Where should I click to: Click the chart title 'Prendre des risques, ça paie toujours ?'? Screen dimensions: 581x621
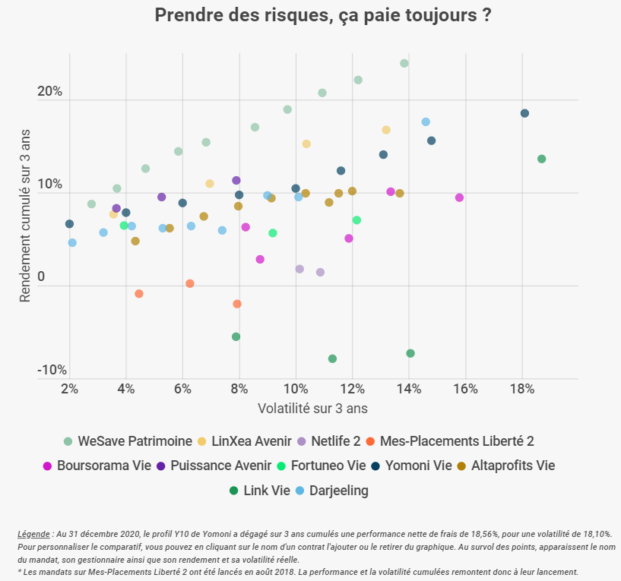(x=322, y=15)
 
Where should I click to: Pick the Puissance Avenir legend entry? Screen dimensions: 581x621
(x=213, y=466)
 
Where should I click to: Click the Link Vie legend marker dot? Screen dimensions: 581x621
(x=233, y=491)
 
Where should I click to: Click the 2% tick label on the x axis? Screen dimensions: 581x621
(x=69, y=390)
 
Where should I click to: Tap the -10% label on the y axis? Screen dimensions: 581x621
(x=52, y=370)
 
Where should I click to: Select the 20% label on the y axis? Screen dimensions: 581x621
(x=50, y=92)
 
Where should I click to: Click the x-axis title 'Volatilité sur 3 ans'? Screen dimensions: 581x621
(x=312, y=409)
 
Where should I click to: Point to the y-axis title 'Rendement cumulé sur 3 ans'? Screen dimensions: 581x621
(x=26, y=215)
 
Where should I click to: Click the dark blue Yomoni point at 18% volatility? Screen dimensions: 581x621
(x=524, y=113)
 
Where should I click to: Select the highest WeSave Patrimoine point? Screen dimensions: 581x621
(x=404, y=63)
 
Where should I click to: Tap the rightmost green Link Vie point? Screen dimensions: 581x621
(x=542, y=159)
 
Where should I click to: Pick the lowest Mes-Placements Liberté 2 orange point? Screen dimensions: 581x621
(x=236, y=304)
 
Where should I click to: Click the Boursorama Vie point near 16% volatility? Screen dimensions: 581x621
(x=459, y=197)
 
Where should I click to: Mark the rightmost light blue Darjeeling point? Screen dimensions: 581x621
(x=426, y=122)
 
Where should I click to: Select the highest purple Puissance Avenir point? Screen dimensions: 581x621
(x=236, y=180)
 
